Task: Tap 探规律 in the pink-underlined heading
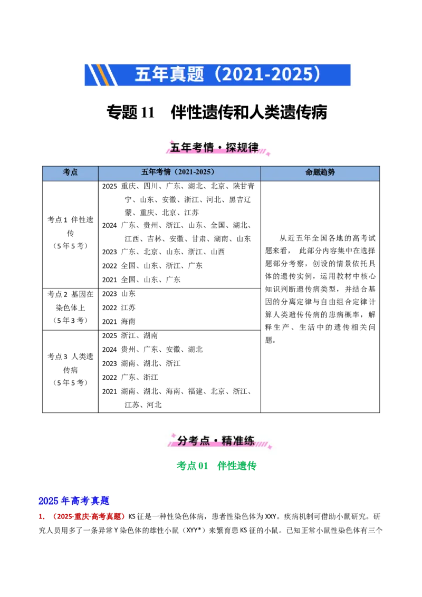click(x=242, y=148)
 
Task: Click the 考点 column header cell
click(x=70, y=172)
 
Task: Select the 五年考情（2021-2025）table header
click(x=179, y=172)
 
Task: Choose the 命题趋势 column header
click(x=320, y=172)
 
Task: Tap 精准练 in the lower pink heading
click(x=238, y=440)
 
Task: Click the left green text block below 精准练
click(x=193, y=466)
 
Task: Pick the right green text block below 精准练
click(x=236, y=466)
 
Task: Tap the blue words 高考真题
click(x=90, y=500)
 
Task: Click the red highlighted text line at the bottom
click(x=88, y=517)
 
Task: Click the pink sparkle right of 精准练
click(x=270, y=447)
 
